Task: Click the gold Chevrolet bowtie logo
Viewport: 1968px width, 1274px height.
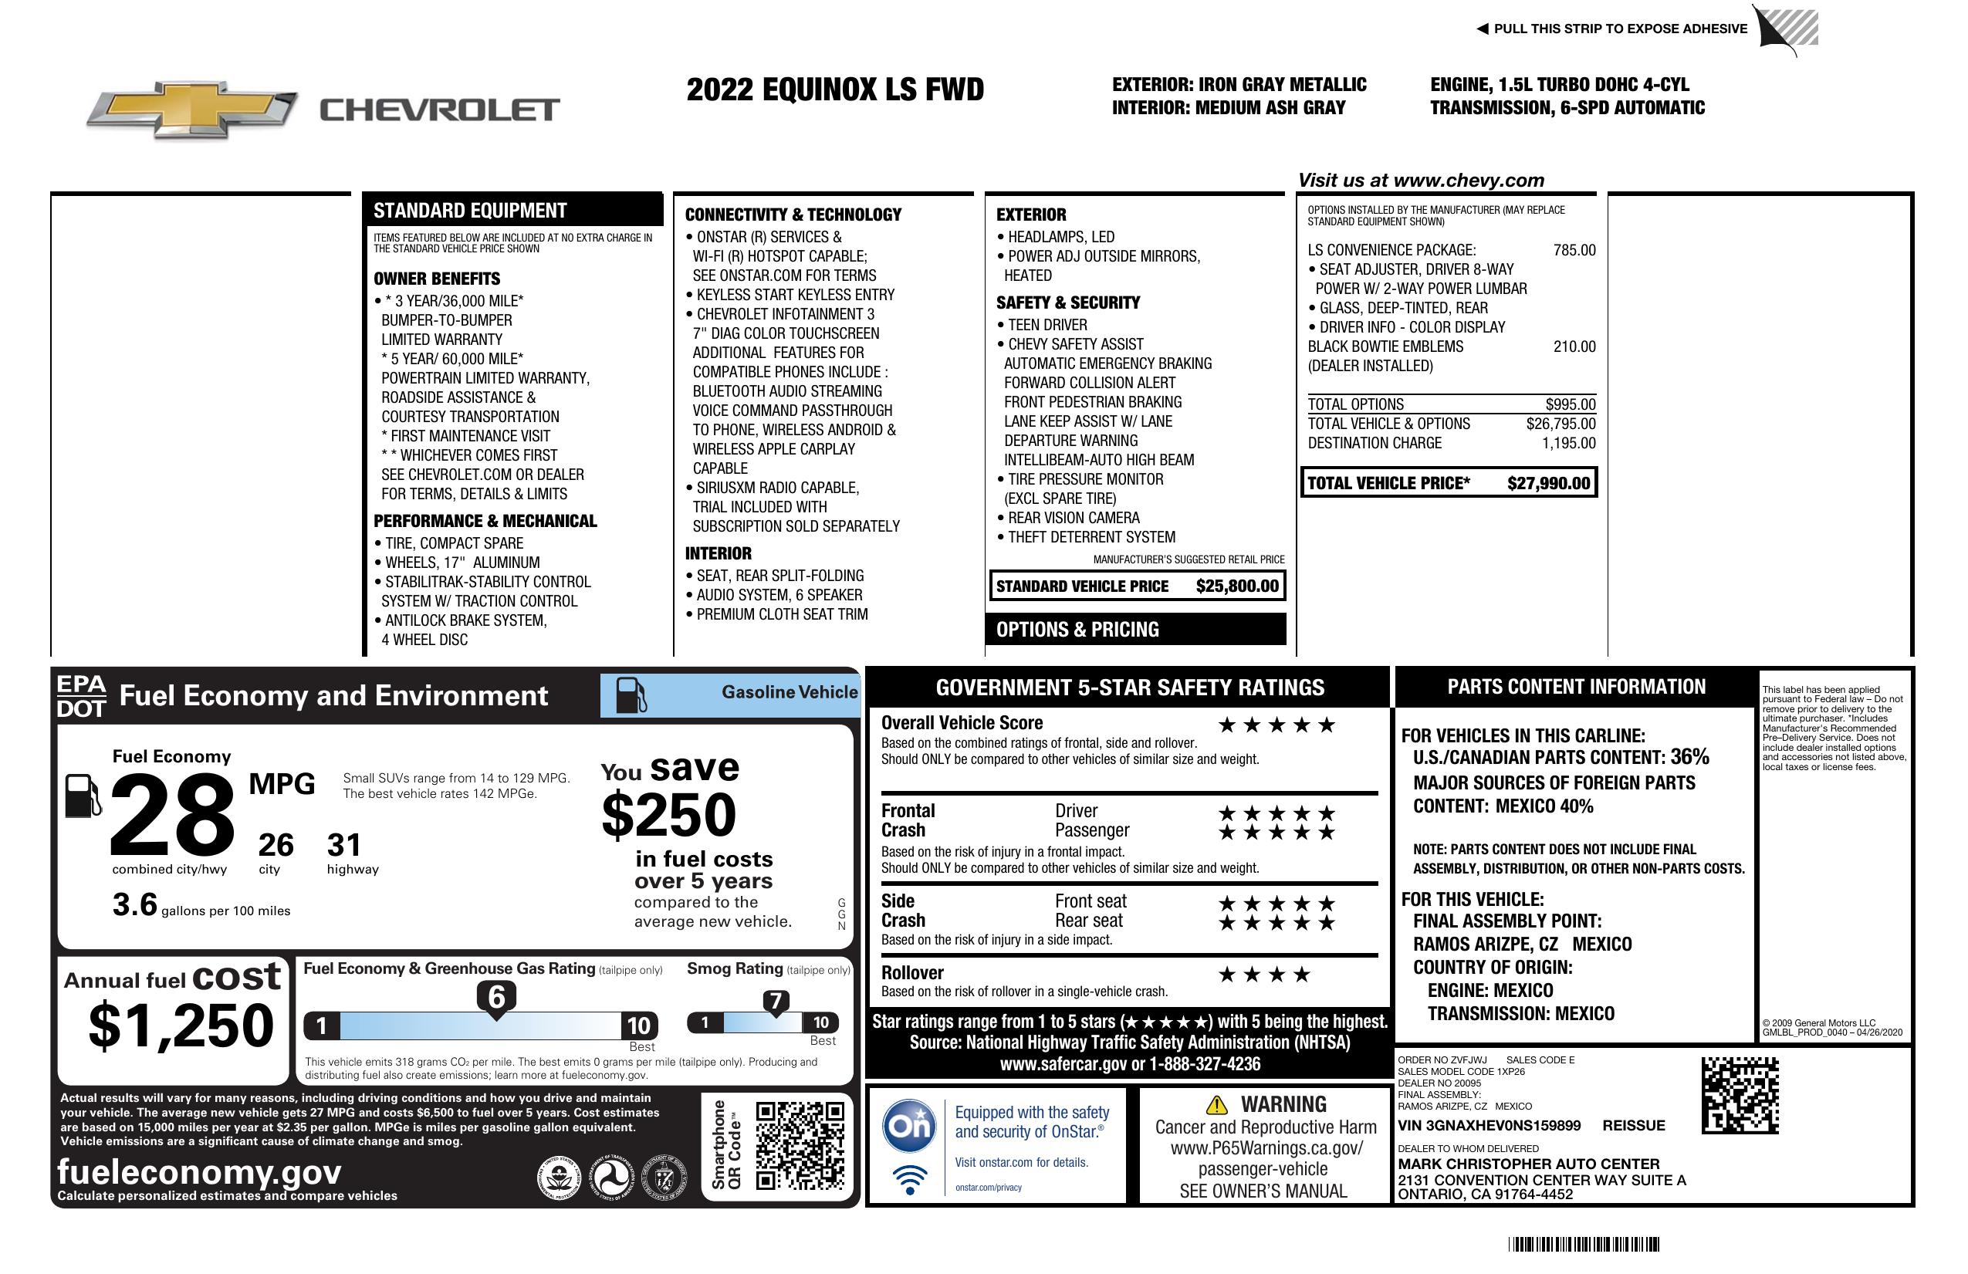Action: click(192, 109)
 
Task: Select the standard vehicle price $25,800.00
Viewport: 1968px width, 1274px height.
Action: click(1236, 586)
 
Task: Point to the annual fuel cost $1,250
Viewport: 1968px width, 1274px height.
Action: click(181, 1026)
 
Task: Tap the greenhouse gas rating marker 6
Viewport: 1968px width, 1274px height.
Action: click(496, 998)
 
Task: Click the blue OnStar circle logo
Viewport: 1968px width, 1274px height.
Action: click(910, 1126)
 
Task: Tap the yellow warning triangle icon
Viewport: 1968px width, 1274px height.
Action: click(1216, 1105)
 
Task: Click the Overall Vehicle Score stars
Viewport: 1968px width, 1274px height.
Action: click(1276, 726)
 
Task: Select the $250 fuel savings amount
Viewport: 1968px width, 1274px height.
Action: click(669, 815)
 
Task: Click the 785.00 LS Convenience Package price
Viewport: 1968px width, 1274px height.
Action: click(1574, 251)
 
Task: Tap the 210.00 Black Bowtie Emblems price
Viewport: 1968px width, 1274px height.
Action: click(1574, 347)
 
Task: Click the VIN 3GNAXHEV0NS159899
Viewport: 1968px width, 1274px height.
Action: click(1490, 1126)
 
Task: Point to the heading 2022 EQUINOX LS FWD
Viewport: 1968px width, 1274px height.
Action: click(834, 90)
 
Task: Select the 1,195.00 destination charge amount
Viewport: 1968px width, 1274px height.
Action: click(1567, 443)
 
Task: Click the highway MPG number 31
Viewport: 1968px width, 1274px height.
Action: click(344, 845)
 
